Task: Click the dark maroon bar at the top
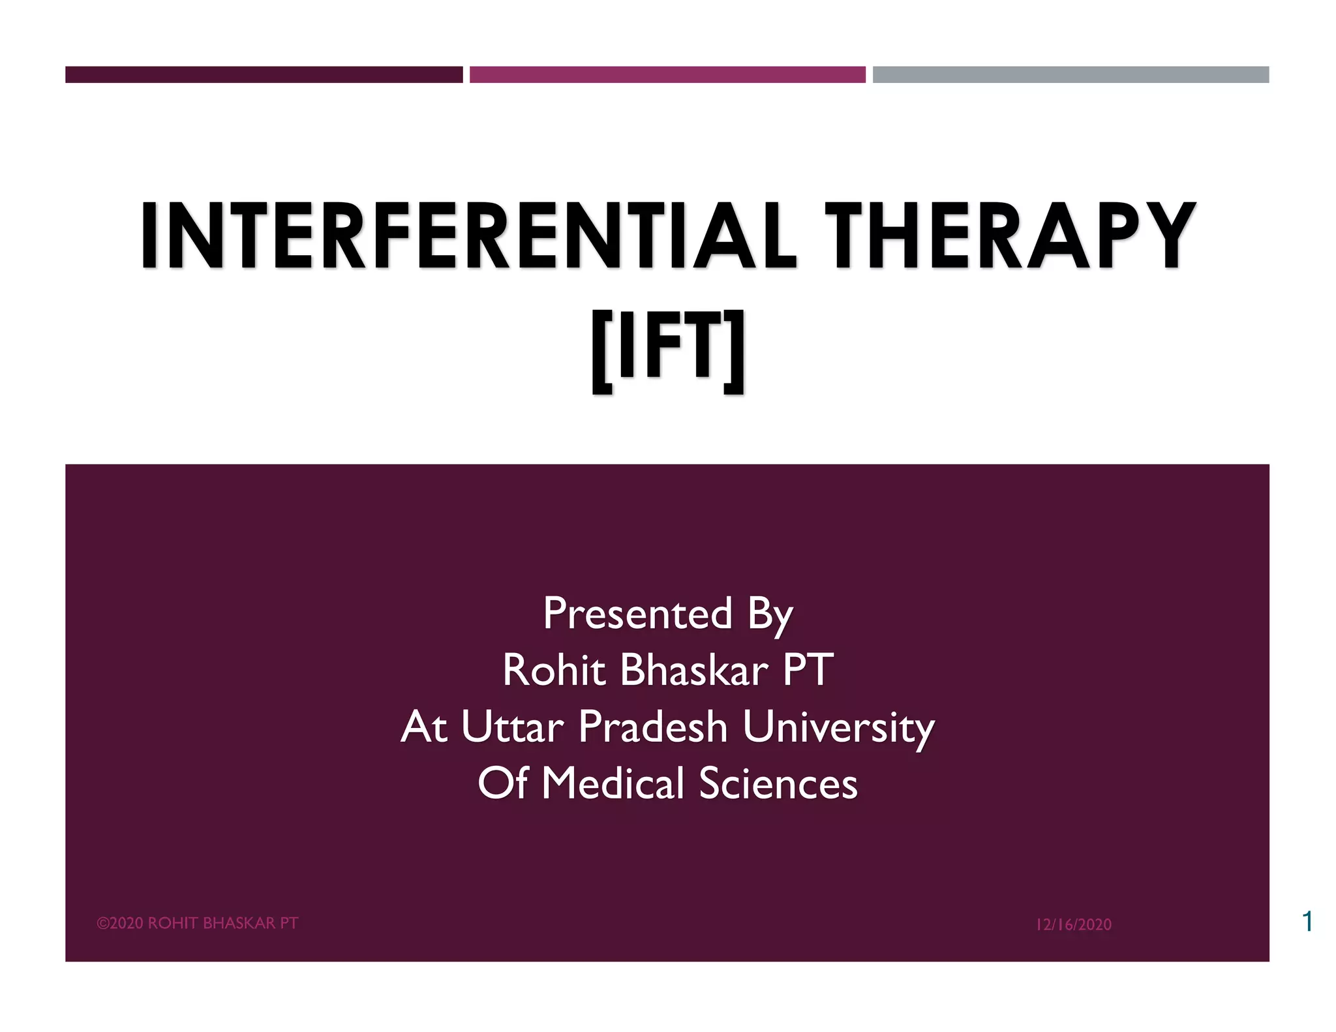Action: click(x=264, y=74)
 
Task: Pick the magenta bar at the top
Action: click(x=667, y=74)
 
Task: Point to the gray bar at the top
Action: click(x=1070, y=74)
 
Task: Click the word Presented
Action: click(x=637, y=614)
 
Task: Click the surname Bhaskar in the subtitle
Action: click(x=694, y=670)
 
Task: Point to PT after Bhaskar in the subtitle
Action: click(x=808, y=670)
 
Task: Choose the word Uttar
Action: click(x=512, y=727)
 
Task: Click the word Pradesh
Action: click(x=652, y=727)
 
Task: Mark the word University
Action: click(x=838, y=728)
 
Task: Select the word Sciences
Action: click(x=778, y=783)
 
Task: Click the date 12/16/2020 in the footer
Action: click(x=1074, y=924)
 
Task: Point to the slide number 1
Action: click(x=1307, y=921)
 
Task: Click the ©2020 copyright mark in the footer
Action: click(x=121, y=923)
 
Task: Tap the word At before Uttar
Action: click(x=423, y=727)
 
